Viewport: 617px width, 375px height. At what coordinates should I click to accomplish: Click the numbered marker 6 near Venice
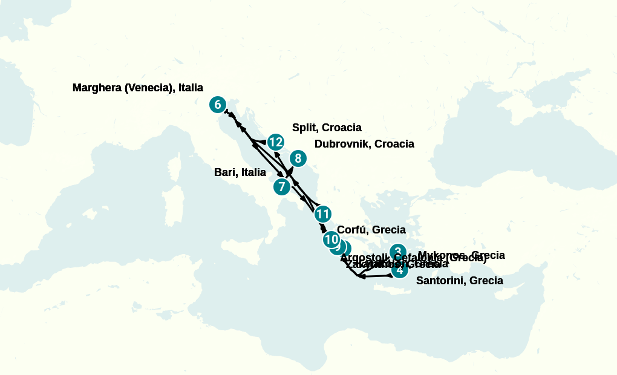[x=218, y=105]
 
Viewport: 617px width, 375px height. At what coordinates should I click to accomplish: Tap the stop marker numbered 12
[x=276, y=142]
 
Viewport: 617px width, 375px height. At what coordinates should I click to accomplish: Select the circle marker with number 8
[x=297, y=158]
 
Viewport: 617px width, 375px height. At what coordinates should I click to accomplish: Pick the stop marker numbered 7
[x=281, y=186]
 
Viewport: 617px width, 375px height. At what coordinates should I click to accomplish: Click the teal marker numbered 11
[x=322, y=214]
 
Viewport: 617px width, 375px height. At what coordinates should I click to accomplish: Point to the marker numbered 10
[x=331, y=240]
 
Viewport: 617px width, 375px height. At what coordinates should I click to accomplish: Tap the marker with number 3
[x=397, y=252]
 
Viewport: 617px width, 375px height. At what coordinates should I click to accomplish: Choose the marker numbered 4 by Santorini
[x=399, y=270]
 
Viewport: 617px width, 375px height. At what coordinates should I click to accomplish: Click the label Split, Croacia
[x=327, y=128]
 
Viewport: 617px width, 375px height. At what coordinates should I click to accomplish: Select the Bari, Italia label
[x=240, y=172]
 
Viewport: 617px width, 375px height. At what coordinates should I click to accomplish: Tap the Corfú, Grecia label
[x=371, y=230]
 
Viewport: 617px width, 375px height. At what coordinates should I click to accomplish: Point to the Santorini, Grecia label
[x=460, y=281]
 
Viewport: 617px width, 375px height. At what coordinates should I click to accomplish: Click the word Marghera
[x=97, y=88]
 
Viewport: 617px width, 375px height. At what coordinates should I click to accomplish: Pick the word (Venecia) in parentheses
[x=149, y=88]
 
